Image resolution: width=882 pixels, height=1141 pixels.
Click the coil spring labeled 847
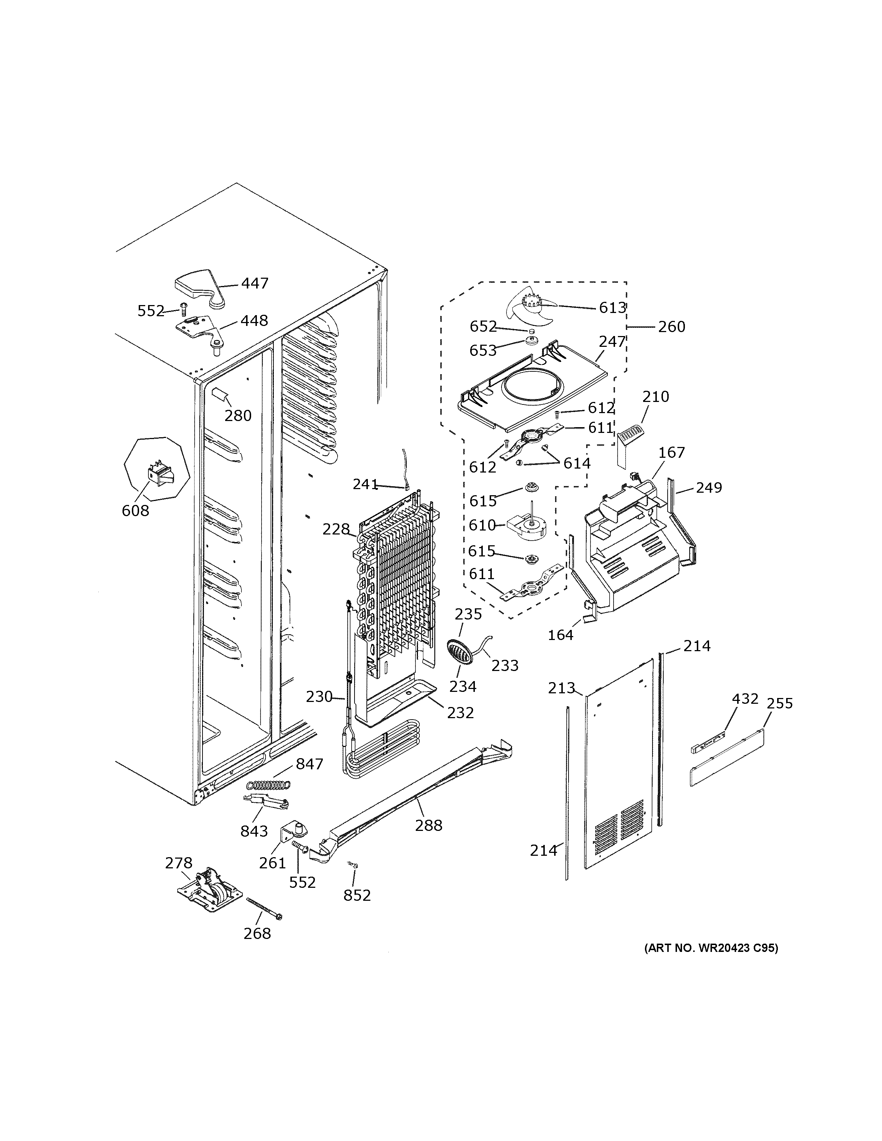(268, 785)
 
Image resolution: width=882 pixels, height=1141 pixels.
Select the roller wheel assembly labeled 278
(210, 893)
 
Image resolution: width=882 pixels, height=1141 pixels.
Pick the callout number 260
(672, 327)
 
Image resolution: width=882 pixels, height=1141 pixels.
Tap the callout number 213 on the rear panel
(561, 688)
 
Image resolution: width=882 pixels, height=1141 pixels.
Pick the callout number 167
(672, 452)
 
